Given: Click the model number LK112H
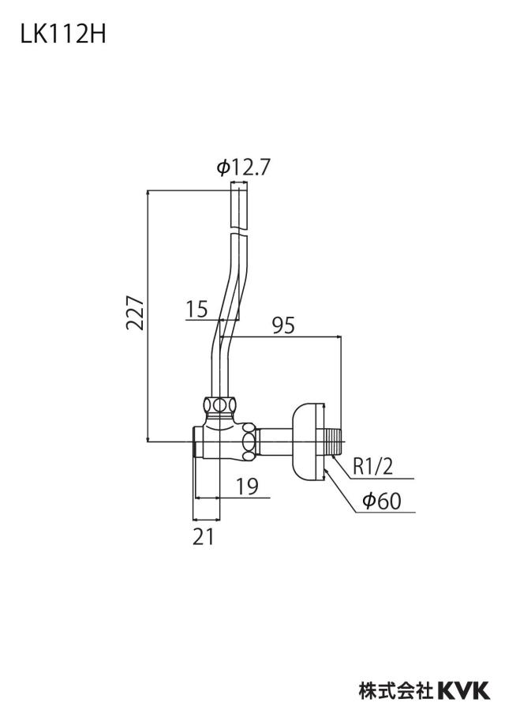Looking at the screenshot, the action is coord(63,34).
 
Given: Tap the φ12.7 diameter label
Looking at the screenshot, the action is coord(243,167).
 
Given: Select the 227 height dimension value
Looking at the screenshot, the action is coord(135,313).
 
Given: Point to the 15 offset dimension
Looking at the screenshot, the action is coord(197,309).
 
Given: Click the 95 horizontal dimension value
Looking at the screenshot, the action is coord(283,325).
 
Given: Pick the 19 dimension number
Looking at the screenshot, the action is coord(247,487).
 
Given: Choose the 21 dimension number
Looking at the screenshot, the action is coord(203,537).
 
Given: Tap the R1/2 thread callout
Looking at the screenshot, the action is coord(372,467).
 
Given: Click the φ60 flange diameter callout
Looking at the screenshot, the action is coord(382,501).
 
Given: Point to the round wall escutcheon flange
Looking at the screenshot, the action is coord(308,442).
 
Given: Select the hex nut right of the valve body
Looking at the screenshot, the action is coord(249,442).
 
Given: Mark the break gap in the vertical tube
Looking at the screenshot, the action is coord(239,231).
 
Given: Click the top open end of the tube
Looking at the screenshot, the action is coord(240,182).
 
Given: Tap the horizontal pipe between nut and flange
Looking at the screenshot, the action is coord(275,442).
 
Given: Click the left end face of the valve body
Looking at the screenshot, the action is coord(196,442).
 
